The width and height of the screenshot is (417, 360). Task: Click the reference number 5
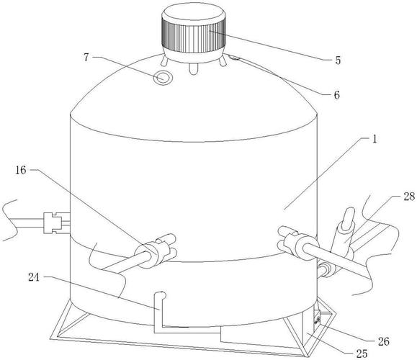(338, 60)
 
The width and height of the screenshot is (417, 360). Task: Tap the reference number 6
(336, 95)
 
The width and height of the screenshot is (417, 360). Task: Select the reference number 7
(86, 57)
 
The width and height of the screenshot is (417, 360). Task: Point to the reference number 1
(375, 139)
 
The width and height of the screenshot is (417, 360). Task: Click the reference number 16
(21, 170)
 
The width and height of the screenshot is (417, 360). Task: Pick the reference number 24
(34, 277)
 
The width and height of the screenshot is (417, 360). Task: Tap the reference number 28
(409, 197)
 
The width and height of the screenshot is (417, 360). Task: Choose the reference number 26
(384, 341)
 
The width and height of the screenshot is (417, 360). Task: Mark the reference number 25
(362, 354)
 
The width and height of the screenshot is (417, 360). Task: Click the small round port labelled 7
(163, 78)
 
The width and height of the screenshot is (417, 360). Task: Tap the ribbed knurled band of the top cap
(193, 36)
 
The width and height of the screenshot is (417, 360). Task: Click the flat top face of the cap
(193, 12)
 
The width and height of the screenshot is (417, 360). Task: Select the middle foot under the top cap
(193, 68)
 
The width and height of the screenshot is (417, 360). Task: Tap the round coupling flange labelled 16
(146, 255)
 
